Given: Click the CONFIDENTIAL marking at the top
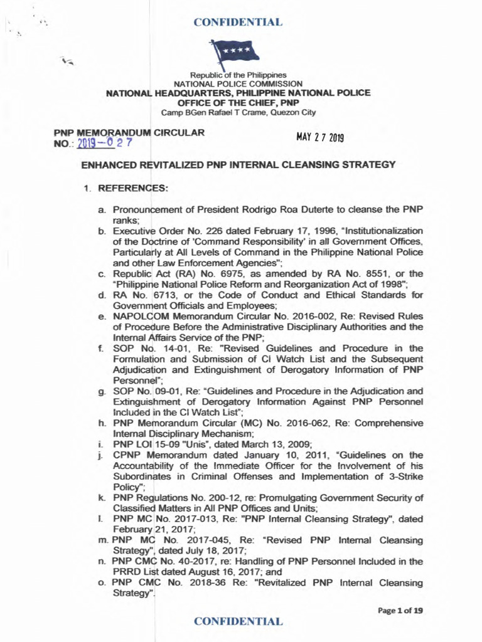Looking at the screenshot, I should pos(238,23).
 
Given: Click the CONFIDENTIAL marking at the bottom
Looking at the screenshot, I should pos(238,621).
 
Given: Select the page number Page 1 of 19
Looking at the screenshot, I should pos(401,609).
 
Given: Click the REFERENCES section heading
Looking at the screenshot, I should pos(126,187).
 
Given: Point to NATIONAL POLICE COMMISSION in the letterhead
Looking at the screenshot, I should pos(238,83).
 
